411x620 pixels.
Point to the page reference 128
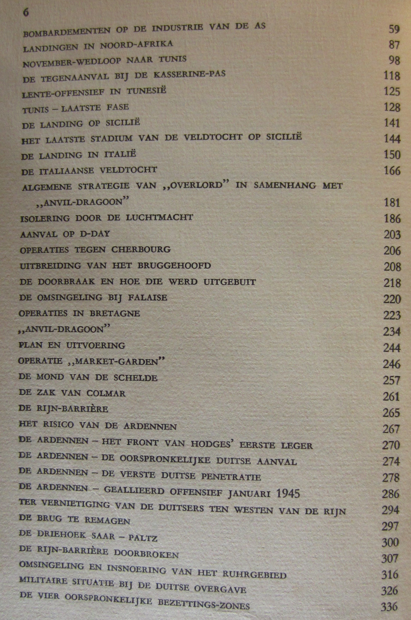coord(392,107)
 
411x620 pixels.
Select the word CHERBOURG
coord(141,249)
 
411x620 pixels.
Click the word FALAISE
coord(148,298)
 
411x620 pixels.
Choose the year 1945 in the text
coord(288,494)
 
